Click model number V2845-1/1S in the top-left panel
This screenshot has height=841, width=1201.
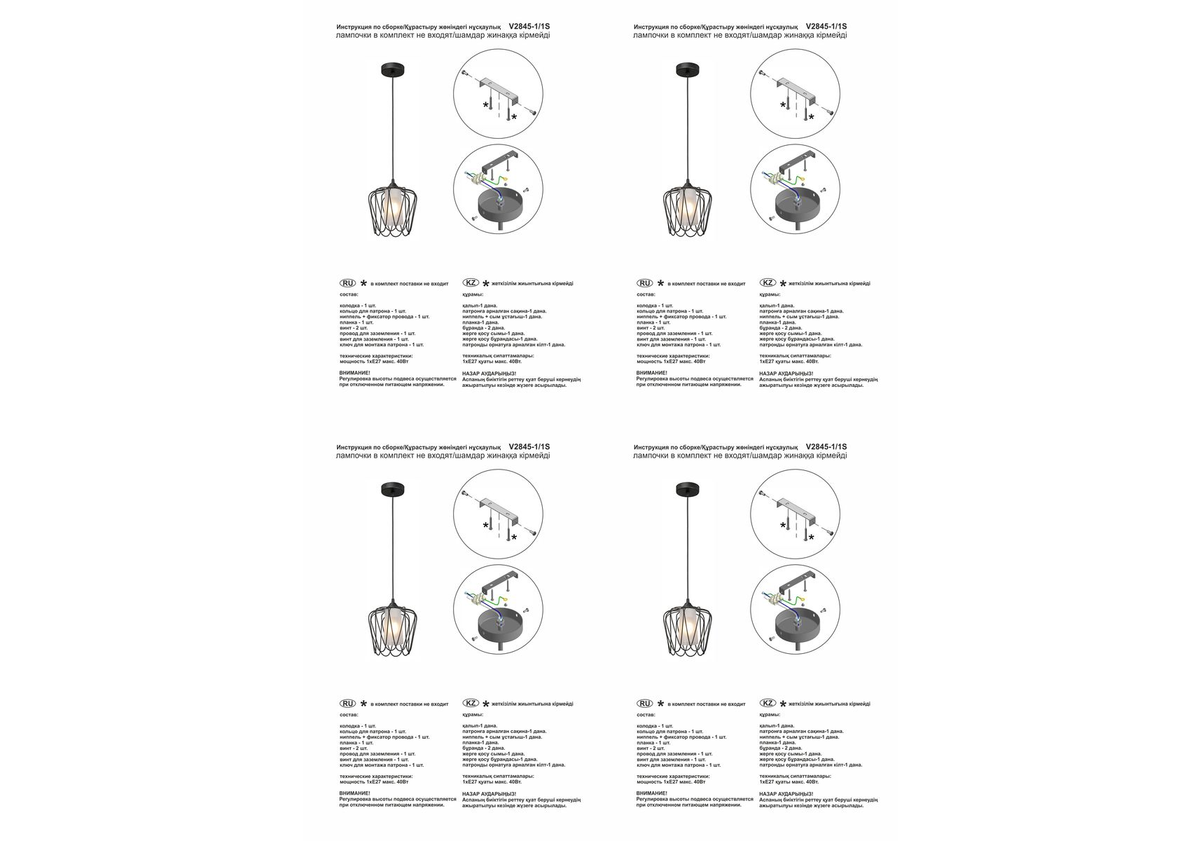[529, 27]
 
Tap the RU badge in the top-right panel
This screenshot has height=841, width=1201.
[644, 283]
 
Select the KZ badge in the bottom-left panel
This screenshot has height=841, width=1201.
[471, 703]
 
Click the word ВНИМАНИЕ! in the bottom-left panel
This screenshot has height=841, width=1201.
[355, 793]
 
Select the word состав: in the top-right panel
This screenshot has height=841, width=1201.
[646, 294]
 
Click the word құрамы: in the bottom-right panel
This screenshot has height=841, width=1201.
[770, 715]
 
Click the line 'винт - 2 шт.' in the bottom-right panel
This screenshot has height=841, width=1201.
[651, 748]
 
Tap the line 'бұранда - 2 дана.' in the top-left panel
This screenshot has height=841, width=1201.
[484, 328]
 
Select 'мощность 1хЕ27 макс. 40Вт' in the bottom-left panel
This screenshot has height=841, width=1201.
[374, 782]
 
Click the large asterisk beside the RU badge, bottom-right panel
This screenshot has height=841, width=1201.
[660, 704]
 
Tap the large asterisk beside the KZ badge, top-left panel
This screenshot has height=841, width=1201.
[486, 284]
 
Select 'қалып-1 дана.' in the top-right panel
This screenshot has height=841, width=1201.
[777, 306]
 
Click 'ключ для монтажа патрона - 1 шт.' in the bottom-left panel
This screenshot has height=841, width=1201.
[382, 765]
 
